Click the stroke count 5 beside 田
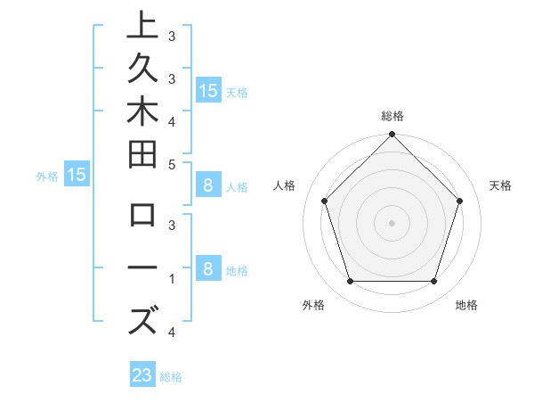click(x=171, y=164)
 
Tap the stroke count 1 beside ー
click(x=171, y=278)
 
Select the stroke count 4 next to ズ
click(x=171, y=333)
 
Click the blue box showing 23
click(x=142, y=375)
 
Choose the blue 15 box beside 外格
click(x=77, y=176)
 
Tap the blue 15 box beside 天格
click(x=208, y=90)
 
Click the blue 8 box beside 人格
click(x=208, y=186)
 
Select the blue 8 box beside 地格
click(x=208, y=269)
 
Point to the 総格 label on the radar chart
click(x=392, y=116)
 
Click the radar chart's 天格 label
click(x=501, y=185)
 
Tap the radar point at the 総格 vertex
click(x=392, y=136)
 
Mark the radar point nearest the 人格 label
click(x=324, y=201)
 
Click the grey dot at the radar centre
click(x=392, y=222)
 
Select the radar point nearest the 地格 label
click(x=433, y=282)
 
